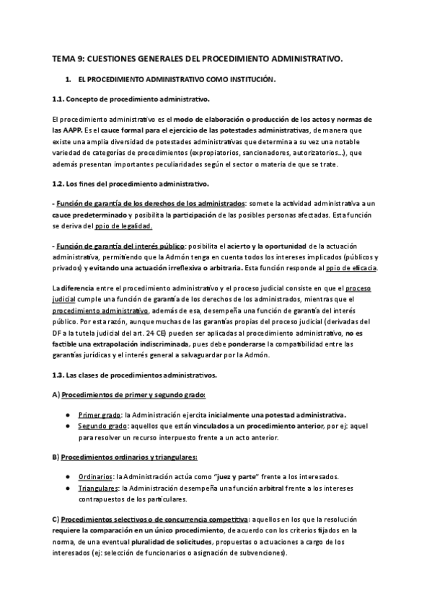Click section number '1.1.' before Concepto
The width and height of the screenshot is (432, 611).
point(61,97)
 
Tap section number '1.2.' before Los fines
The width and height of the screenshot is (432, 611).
point(61,185)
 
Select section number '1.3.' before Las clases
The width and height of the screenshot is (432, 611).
point(61,375)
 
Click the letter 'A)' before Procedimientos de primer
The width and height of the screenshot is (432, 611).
point(56,395)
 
